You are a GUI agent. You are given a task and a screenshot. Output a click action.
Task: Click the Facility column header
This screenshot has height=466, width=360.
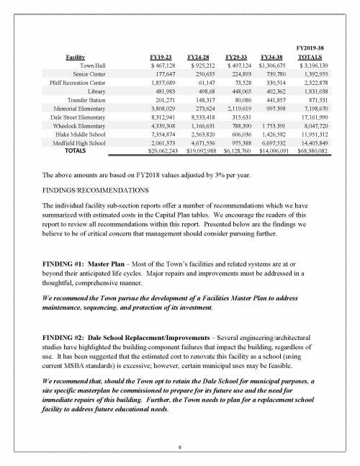[77, 55]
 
